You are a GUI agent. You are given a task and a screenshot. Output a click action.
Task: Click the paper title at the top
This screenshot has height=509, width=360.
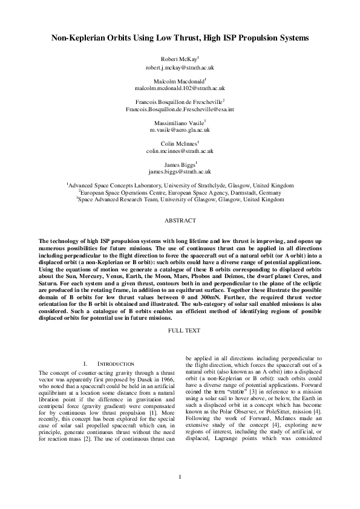coord(180,38)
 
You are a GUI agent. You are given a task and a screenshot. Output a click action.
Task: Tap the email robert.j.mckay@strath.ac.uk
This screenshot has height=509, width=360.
coord(180,68)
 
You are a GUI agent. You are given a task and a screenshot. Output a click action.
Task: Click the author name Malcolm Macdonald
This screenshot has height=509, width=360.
coord(179,80)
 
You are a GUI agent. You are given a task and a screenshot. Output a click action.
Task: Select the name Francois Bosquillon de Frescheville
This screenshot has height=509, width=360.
coord(179,102)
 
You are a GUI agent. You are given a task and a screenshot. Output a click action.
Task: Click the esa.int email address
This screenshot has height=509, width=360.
coord(180,109)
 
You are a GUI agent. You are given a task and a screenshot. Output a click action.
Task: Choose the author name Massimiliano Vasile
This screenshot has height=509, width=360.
coord(179,122)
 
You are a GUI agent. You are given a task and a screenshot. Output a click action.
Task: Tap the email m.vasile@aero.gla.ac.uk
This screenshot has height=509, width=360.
coord(180,129)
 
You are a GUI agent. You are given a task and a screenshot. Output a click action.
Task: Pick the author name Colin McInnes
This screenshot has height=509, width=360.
coord(179,143)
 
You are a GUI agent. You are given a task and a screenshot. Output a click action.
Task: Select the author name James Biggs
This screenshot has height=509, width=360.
coord(179,164)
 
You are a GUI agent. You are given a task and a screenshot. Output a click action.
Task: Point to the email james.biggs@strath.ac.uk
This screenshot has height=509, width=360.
coord(180,172)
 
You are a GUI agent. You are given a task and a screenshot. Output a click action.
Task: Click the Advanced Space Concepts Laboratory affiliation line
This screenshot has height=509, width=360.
coord(180,184)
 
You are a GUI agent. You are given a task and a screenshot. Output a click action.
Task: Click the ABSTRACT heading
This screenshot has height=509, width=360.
coord(180,222)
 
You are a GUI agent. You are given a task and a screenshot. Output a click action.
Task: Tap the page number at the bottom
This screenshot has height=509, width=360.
coord(180,495)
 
